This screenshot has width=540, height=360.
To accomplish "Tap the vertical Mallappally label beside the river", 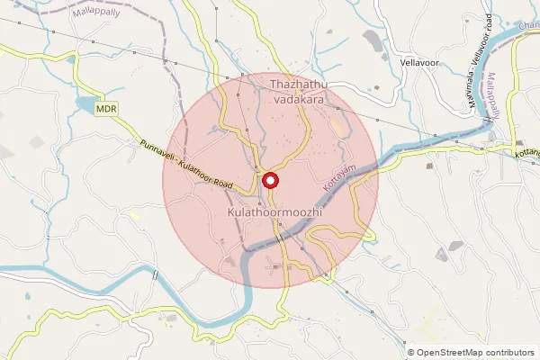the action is (492, 97).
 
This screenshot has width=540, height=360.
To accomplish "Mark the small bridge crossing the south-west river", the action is (156, 274).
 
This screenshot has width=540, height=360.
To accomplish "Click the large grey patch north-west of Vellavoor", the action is (371, 40).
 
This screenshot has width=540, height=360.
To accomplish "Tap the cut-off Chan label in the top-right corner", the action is (529, 23).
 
